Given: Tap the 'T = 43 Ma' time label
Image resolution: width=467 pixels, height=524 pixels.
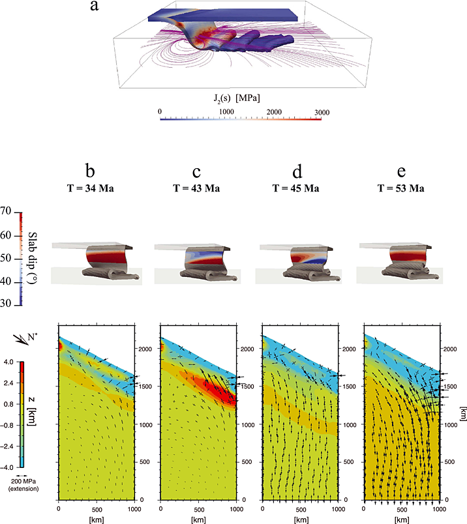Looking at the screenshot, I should (x=196, y=188).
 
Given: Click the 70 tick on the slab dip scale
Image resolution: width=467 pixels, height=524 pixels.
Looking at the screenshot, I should (x=8, y=212).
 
